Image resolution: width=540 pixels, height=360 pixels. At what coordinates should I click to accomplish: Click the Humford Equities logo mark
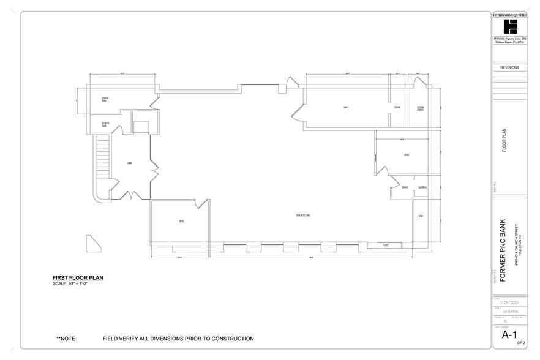509,28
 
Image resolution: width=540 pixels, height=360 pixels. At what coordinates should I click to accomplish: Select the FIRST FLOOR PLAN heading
78,278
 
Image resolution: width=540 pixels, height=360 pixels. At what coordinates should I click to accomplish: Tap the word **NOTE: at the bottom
66,339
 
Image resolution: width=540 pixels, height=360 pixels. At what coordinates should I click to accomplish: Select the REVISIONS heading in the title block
509,68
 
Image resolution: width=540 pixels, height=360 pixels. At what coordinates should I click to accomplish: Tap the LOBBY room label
130,163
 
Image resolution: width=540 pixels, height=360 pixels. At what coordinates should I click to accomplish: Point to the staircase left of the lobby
102,162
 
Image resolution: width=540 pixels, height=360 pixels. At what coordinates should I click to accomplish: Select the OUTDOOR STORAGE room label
421,108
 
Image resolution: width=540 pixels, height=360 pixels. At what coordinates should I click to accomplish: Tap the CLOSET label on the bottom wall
386,245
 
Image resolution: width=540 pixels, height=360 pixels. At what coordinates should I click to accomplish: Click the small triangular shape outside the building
94,243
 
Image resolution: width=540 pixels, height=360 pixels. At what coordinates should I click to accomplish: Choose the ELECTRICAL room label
422,187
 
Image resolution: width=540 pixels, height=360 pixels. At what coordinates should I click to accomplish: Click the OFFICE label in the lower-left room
181,221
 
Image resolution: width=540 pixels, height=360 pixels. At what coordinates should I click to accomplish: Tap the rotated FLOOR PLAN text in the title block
504,141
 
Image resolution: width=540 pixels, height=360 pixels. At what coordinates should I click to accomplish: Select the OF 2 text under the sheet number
520,344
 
